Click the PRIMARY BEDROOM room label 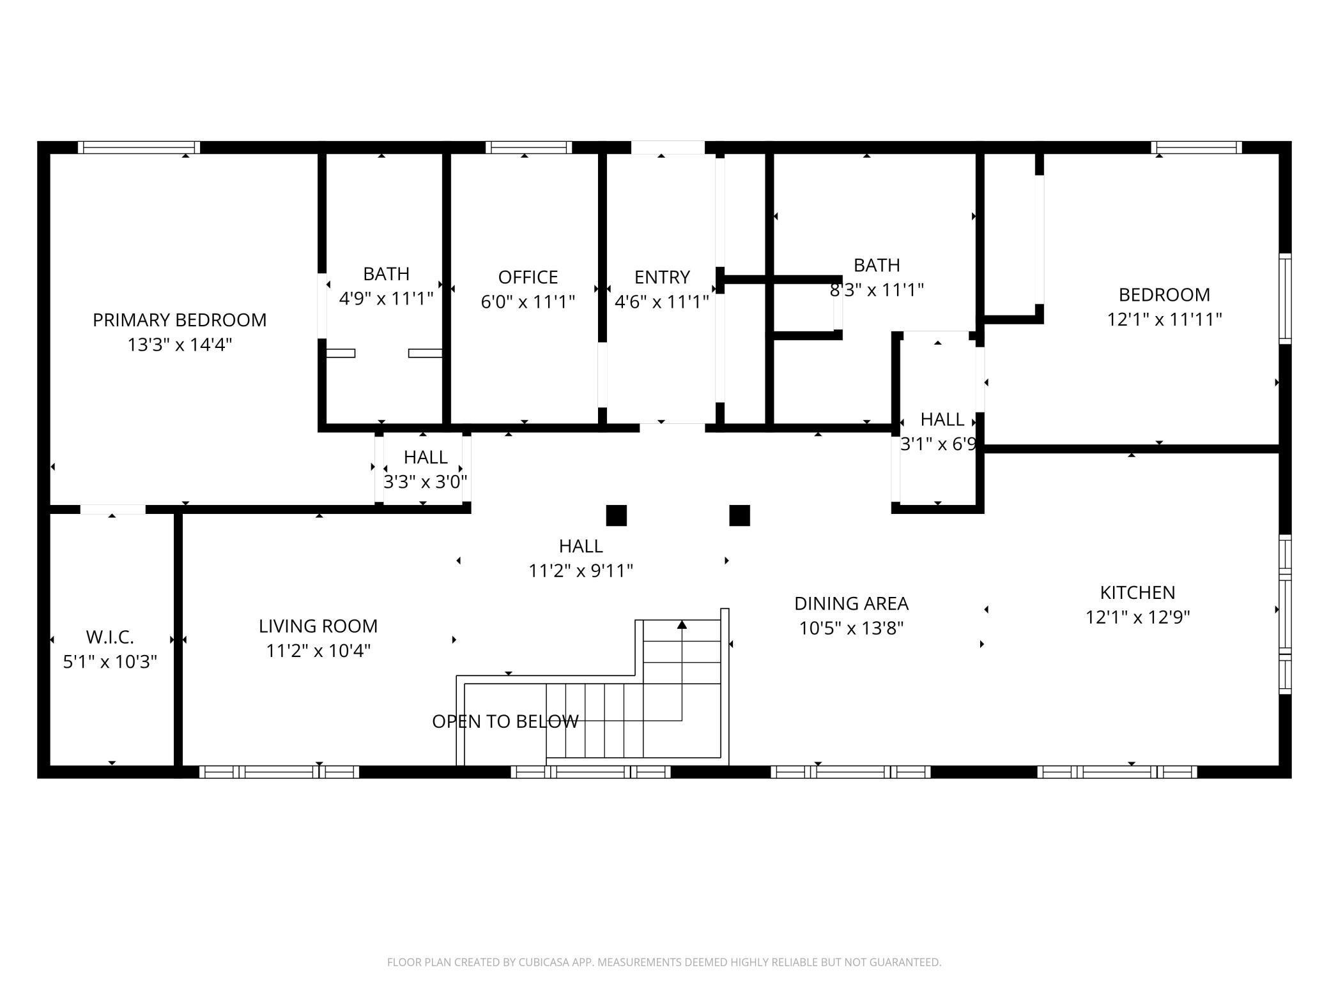click(x=180, y=320)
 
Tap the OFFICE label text click(x=528, y=277)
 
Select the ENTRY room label click(x=662, y=277)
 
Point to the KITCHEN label click(x=1137, y=592)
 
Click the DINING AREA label click(x=851, y=603)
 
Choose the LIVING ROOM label click(x=318, y=626)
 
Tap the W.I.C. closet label click(x=110, y=637)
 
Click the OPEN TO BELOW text click(x=505, y=721)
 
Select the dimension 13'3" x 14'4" click(x=180, y=345)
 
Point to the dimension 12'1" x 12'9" click(x=1137, y=617)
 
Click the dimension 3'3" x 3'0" click(x=425, y=481)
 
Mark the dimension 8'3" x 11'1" click(x=877, y=290)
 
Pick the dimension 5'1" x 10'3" click(x=110, y=661)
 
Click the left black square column click(x=616, y=515)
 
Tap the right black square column click(x=739, y=515)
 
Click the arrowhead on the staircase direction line click(x=682, y=624)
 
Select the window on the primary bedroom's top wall click(x=139, y=147)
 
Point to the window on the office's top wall click(x=528, y=147)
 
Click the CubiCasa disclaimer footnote click(x=664, y=962)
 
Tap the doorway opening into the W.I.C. click(x=112, y=509)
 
